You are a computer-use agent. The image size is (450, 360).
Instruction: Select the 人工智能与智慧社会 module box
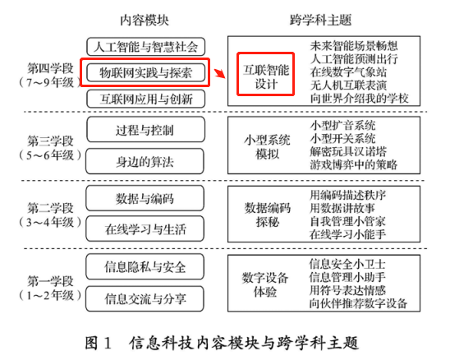146,47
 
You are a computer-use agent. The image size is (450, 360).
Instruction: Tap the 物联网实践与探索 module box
146,72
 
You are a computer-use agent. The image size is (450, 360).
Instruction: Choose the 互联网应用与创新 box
146,99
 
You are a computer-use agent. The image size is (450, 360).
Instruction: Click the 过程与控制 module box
145,129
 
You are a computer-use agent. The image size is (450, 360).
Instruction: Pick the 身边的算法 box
145,161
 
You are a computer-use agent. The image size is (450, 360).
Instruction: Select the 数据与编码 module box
145,198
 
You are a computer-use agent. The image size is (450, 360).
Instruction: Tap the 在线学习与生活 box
145,228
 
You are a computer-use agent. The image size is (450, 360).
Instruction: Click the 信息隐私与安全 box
145,266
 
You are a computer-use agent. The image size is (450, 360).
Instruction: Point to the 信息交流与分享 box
145,298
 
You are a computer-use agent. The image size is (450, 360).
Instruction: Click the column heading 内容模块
144,20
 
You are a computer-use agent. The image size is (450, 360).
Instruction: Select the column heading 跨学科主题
320,20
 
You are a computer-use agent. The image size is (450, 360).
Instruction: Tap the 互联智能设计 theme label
266,77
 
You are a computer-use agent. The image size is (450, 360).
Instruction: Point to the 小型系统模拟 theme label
267,147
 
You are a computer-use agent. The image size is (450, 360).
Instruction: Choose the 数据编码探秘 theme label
268,215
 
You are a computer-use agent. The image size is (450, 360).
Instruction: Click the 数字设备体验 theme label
265,284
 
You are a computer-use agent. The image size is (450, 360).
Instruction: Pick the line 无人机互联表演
348,85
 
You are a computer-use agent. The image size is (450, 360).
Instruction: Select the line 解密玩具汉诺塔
348,152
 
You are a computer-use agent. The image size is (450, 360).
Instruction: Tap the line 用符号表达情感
347,290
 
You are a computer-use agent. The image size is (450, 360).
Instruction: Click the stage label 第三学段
51,141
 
